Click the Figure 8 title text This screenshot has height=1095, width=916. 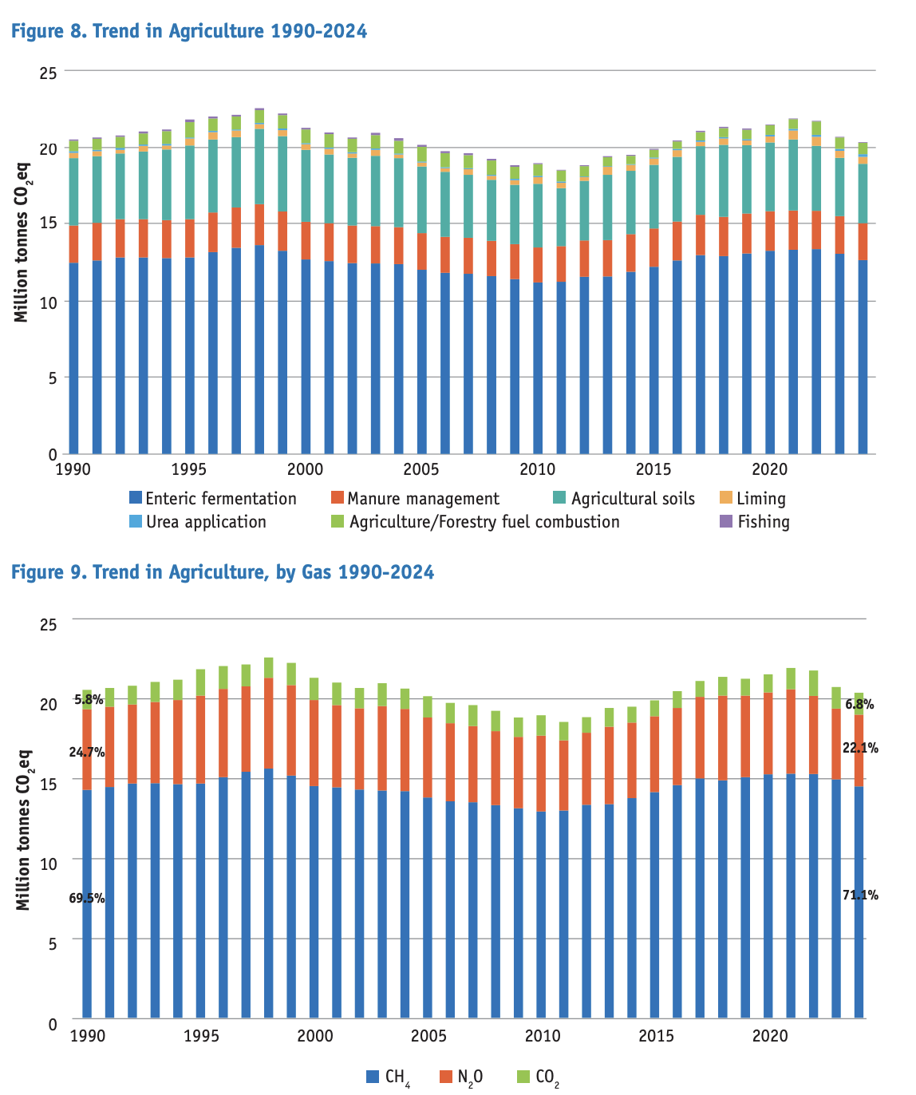[x=189, y=31]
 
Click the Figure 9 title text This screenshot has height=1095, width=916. [x=223, y=571]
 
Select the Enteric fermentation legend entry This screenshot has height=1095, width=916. [x=212, y=499]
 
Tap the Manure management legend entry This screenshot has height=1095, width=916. [x=415, y=499]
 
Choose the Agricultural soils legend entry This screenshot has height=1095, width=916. [x=624, y=499]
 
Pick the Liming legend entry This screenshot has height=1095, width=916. [x=752, y=499]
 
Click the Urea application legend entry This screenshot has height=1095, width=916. [x=197, y=522]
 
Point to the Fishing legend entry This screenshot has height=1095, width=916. [x=755, y=522]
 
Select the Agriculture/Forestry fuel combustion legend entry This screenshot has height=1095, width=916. [x=476, y=522]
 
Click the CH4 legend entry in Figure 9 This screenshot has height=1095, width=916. [x=389, y=1077]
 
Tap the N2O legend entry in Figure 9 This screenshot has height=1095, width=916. [x=461, y=1077]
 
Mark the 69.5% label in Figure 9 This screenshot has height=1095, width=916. [x=86, y=898]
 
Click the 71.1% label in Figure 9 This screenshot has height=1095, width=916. [x=860, y=895]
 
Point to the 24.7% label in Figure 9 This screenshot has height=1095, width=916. [x=86, y=752]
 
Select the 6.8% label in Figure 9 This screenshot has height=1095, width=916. [x=859, y=704]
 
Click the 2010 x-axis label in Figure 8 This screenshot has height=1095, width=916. [x=538, y=468]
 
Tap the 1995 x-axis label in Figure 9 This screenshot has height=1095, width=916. [x=201, y=1036]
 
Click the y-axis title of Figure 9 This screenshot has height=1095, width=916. [x=23, y=830]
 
